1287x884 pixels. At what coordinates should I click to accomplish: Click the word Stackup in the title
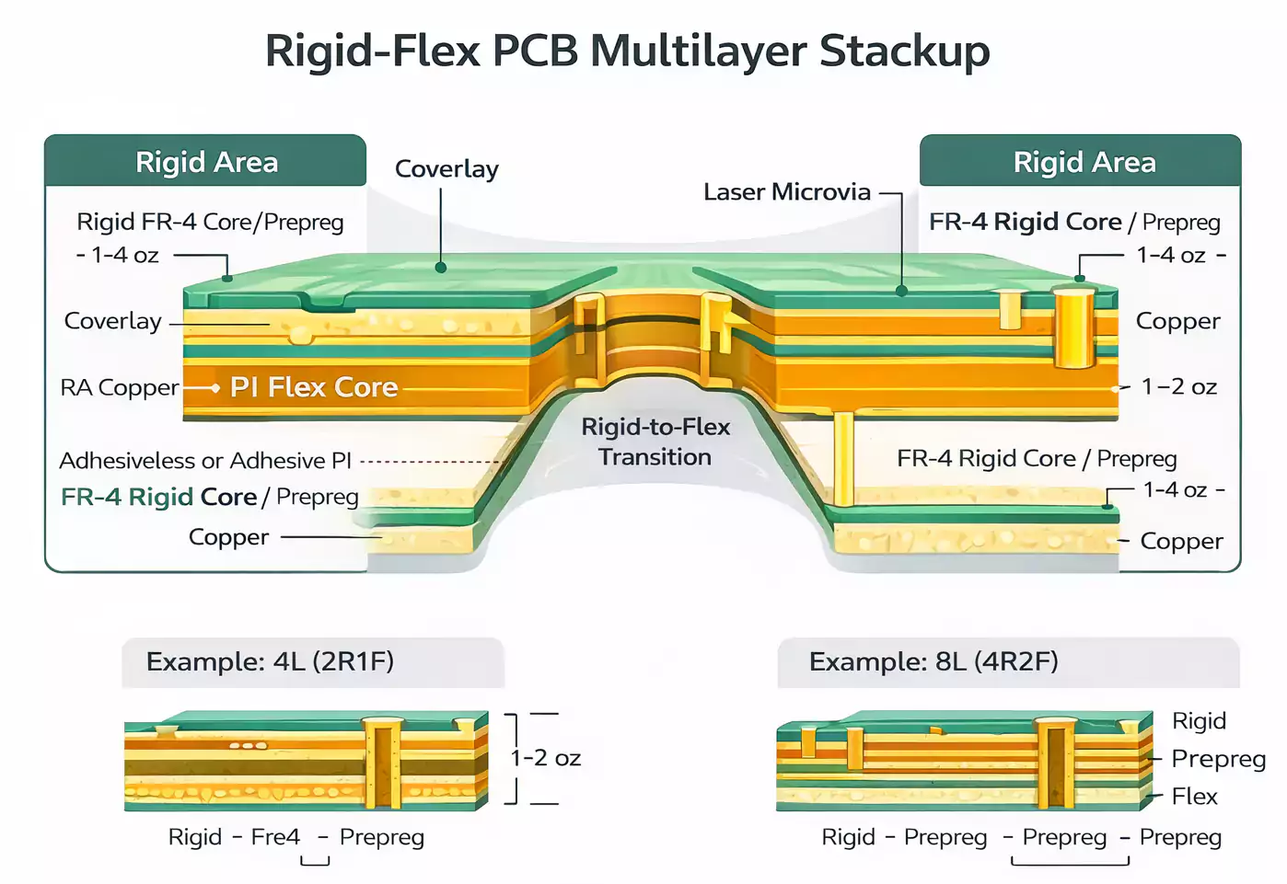[904, 51]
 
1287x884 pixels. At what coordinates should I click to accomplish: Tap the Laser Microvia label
[786, 192]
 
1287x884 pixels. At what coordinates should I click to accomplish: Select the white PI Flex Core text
[314, 387]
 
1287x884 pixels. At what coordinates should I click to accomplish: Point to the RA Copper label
[119, 387]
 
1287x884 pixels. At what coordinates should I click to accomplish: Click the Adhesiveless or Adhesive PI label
[205, 460]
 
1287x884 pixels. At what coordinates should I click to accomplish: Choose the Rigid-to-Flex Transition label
[655, 442]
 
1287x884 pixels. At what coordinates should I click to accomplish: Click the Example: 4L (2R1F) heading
[270, 661]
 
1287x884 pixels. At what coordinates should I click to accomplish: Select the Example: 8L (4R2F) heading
[933, 661]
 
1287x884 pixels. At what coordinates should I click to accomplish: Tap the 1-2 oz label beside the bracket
[546, 758]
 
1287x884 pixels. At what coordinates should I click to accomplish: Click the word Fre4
[275, 837]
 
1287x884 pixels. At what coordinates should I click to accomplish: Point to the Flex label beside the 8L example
[1194, 797]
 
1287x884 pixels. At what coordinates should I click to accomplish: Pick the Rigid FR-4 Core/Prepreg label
[210, 222]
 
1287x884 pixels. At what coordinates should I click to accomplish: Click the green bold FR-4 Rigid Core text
[158, 497]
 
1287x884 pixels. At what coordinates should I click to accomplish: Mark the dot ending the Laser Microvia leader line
[902, 291]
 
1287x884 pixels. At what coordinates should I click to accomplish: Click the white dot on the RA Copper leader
[215, 388]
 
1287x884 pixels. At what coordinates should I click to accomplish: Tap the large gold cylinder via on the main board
[1073, 327]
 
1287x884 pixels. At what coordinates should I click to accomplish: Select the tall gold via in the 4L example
[383, 763]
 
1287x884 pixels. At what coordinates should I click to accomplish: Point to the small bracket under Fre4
[315, 861]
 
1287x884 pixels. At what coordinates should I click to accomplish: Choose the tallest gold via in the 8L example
[1057, 763]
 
